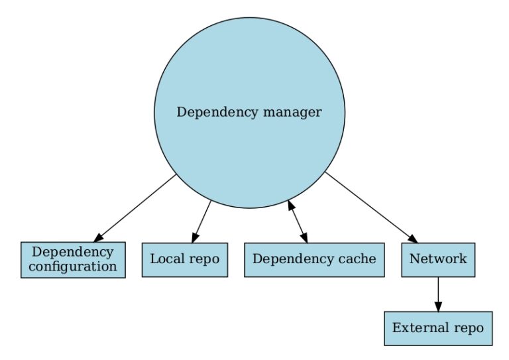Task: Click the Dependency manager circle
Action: coord(249,80)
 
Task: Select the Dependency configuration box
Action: coord(73,259)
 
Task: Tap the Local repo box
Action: coord(184,259)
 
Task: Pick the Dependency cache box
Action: coord(314,259)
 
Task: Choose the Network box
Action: coord(437,259)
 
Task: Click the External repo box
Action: coord(437,328)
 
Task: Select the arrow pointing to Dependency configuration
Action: coord(136,208)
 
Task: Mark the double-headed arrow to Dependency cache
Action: coord(297,222)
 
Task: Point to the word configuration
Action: coord(73,267)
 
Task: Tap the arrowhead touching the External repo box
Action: coord(437,306)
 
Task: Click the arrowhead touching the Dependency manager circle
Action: coord(291,206)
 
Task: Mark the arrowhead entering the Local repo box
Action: coord(194,238)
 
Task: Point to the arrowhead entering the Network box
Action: coord(413,239)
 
